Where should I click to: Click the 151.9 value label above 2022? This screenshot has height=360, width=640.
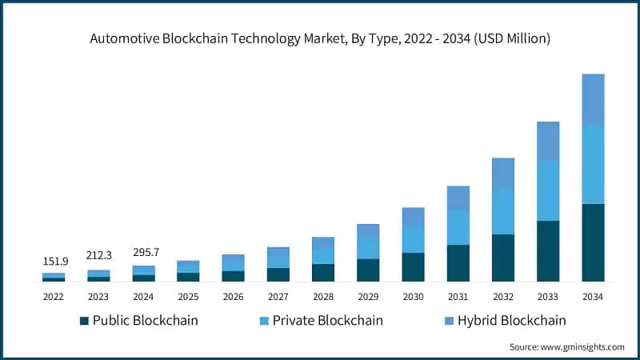pos(54,261)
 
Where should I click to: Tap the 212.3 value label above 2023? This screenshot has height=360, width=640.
pos(98,256)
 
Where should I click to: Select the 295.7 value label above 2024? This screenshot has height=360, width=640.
pos(144,252)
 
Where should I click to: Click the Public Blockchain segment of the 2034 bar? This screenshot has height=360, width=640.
pos(593,242)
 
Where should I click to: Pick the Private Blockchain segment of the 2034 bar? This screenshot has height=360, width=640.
pos(593,164)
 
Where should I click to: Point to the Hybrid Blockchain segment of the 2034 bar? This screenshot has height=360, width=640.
pos(593,99)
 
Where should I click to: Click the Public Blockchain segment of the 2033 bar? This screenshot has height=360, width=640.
pos(548,251)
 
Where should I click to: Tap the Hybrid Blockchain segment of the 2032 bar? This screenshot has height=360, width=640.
pos(503,173)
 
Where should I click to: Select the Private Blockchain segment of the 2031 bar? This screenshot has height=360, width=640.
pos(458,227)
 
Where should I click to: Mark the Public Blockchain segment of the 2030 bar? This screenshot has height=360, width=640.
pos(413,267)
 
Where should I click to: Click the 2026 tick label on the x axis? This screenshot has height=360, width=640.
pos(234,297)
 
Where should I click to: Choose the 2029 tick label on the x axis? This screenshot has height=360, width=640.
pos(368,297)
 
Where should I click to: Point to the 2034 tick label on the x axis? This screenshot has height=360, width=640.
pos(593,297)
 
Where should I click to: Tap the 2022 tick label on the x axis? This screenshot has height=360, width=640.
pos(54,297)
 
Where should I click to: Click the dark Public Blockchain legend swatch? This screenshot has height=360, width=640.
pos(84,322)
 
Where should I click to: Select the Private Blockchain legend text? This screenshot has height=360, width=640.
pos(327,321)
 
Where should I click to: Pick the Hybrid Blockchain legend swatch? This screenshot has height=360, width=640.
pos(449,322)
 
